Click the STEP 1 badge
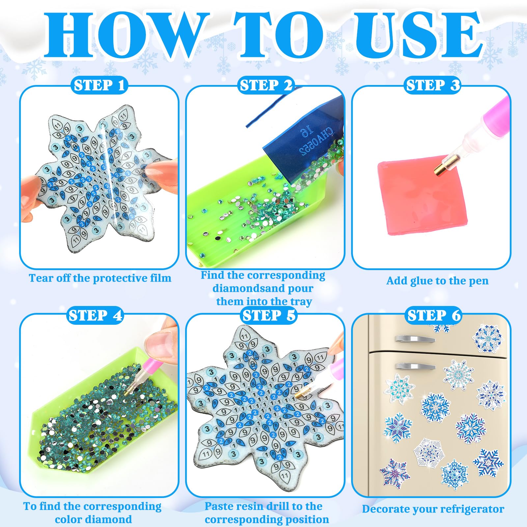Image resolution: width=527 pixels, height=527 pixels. coord(99,86)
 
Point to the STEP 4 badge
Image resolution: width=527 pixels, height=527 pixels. coord(96,316)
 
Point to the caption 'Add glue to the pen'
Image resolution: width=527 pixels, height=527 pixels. coord(437,281)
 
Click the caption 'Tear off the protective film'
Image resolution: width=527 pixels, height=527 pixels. coord(100,278)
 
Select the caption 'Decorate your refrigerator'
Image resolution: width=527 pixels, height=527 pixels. coord(433,509)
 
